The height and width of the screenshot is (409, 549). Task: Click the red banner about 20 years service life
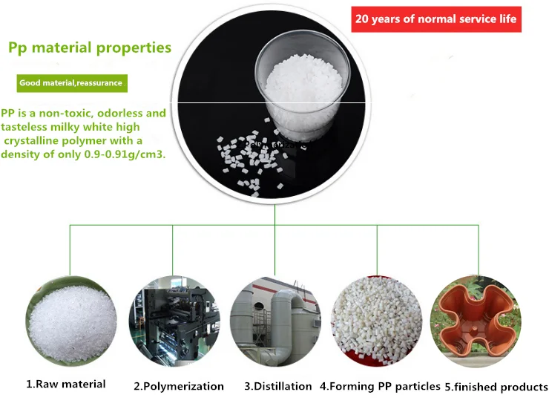(436, 19)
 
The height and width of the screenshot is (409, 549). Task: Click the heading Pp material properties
(90, 48)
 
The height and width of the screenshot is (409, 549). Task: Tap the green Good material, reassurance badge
(72, 83)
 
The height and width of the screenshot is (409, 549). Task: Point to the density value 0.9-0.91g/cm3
(125, 154)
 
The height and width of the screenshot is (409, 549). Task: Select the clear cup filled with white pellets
(303, 84)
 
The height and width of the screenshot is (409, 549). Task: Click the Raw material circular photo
(71, 321)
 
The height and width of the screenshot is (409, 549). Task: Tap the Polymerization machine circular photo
(174, 321)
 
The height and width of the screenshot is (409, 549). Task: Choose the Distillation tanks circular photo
(275, 321)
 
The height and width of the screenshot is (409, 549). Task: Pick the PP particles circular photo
(377, 321)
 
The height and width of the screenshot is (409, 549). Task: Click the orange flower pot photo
(476, 321)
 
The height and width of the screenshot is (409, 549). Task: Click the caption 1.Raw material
(66, 385)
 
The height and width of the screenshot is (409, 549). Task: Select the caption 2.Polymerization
(179, 386)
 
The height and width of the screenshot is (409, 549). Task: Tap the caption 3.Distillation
(278, 386)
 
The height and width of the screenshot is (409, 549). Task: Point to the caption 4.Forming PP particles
(380, 386)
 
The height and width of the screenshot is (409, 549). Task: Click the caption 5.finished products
(496, 387)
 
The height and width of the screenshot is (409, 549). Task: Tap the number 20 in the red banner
(362, 19)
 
